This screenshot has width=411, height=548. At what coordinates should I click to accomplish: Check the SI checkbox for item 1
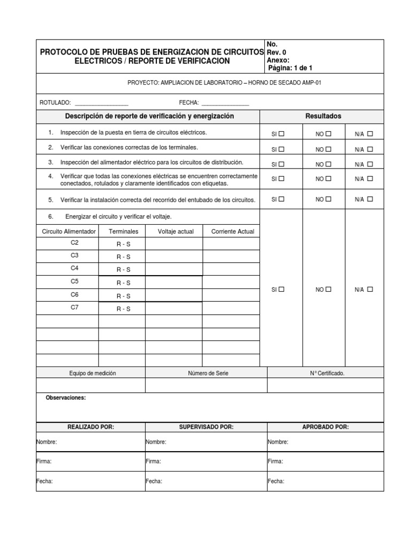[281, 134]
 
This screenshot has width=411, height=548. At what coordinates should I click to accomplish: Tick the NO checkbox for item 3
[328, 164]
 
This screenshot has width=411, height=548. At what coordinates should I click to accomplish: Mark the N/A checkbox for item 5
[370, 199]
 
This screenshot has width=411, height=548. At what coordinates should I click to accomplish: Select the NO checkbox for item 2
[328, 149]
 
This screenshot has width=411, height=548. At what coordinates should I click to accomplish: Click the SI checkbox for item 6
[281, 289]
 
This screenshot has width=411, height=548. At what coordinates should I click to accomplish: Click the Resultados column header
[323, 116]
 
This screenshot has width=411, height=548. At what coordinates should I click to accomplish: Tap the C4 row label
[74, 268]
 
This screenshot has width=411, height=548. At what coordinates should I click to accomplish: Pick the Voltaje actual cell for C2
[174, 243]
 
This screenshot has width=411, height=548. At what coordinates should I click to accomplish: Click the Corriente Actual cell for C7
[231, 308]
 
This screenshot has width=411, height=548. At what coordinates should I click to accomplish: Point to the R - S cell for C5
[124, 283]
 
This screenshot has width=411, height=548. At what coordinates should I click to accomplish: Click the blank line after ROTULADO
[101, 103]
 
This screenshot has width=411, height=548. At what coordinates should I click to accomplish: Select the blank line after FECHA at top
[225, 103]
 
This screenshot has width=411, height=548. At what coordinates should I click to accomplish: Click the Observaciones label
[65, 398]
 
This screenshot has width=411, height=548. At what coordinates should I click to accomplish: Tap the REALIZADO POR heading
[90, 427]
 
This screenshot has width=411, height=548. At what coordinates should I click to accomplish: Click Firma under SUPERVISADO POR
[153, 461]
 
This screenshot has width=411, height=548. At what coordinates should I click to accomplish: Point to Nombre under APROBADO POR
[278, 442]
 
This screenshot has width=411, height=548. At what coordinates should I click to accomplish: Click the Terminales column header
[123, 231]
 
